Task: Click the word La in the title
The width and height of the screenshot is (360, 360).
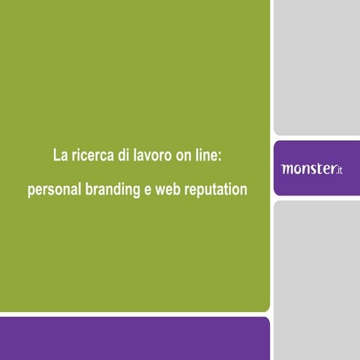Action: point(60,157)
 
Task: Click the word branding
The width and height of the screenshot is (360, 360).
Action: point(112,190)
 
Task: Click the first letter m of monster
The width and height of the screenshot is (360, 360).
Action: point(287,169)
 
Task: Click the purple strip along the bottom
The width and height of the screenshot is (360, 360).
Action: point(135,338)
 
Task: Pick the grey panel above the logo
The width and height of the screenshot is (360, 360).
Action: point(316,67)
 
